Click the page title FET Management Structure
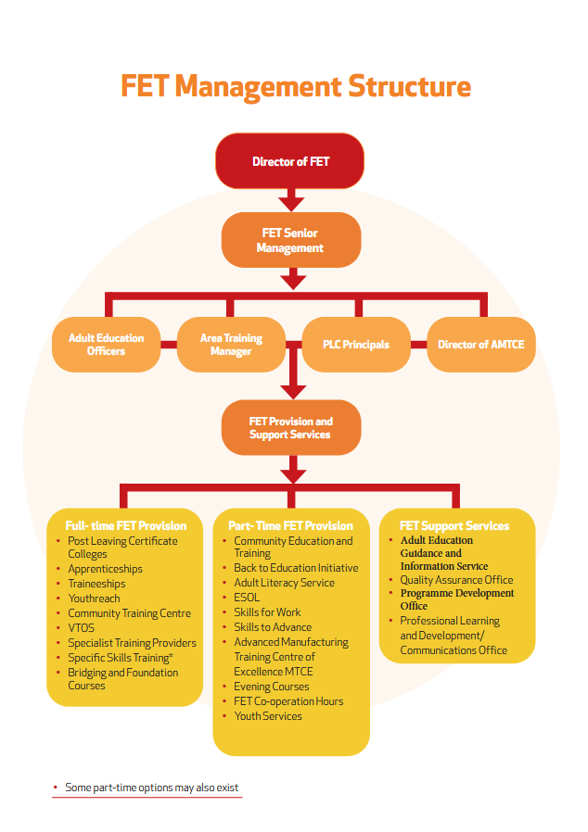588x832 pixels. tap(295, 87)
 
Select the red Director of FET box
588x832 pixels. tap(290, 161)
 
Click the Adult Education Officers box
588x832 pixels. tap(106, 345)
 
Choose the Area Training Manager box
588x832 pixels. tap(231, 345)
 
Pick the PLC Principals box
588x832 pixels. tap(355, 345)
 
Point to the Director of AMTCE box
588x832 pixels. tap(480, 345)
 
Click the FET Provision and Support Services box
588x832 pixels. tap(290, 428)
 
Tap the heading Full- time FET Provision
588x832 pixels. tap(125, 525)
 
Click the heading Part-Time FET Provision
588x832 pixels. tap(290, 525)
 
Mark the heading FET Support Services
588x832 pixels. tap(454, 525)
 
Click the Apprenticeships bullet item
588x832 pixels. tap(105, 569)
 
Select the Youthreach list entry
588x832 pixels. tap(94, 599)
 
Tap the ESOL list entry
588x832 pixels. tap(247, 598)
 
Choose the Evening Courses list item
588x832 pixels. tap(272, 687)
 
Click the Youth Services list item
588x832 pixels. tap(268, 716)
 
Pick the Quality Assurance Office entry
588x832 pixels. tap(456, 580)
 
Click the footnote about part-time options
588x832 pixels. tap(151, 788)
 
